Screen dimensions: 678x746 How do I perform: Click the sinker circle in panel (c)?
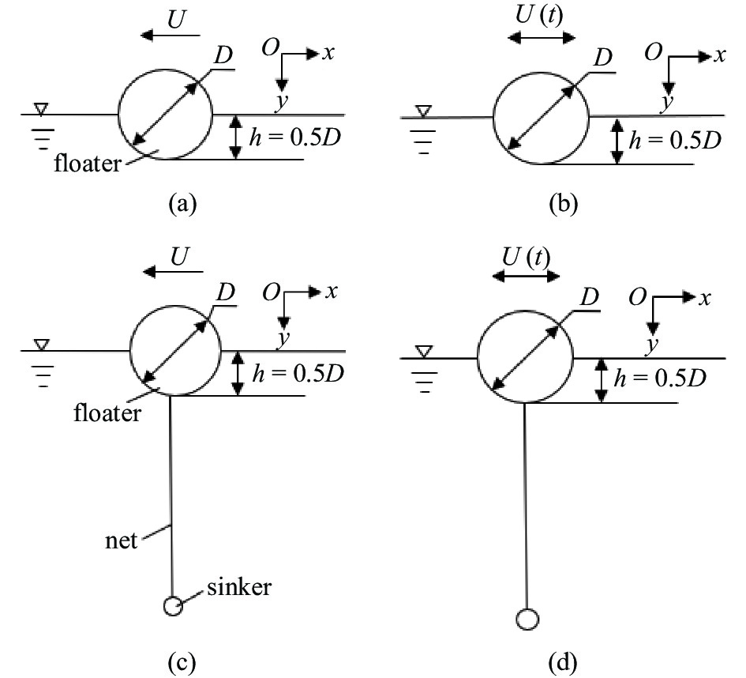[x=172, y=606]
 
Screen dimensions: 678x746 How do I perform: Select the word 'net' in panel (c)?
[x=122, y=541]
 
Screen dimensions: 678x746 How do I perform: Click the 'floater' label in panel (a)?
[x=87, y=164]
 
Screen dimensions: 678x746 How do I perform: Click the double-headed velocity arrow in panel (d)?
[x=525, y=276]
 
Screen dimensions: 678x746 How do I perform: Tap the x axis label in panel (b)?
[x=719, y=55]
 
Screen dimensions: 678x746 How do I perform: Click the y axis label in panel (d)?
[x=651, y=345]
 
